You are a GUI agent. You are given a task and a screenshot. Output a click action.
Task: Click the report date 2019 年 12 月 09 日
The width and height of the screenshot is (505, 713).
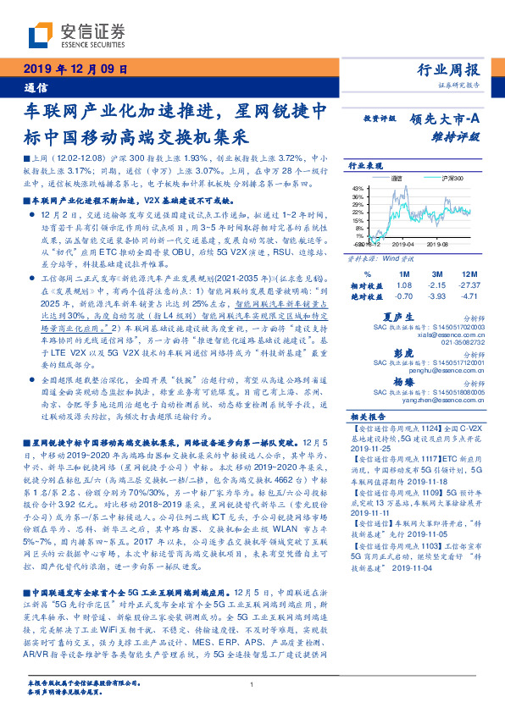point(73,70)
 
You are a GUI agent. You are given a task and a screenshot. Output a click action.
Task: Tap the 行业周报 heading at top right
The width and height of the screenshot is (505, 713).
point(448,70)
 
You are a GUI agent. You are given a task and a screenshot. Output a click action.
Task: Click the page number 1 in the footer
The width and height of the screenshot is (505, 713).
point(252,684)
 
